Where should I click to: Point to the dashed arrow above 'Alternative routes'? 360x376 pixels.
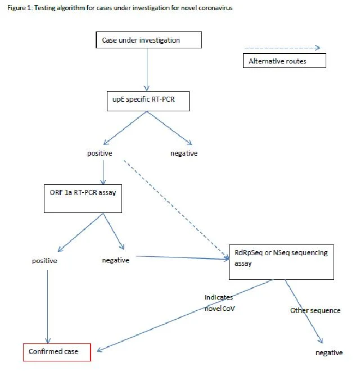coord(282,48)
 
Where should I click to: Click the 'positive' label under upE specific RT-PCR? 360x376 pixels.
coord(100,153)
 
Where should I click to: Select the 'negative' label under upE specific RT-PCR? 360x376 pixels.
coord(184,153)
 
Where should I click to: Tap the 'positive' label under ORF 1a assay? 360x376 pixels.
coord(44,261)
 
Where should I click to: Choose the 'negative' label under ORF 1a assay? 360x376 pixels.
coord(115,260)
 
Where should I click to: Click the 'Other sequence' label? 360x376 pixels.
coord(316,311)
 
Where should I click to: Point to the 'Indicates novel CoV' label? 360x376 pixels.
coord(219,303)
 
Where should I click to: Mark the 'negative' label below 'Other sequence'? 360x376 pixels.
coord(329,353)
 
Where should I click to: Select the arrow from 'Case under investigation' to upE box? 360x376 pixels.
coord(147,70)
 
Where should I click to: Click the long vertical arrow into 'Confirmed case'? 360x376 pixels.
coord(47,307)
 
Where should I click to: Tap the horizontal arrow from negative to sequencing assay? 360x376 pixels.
coord(182,257)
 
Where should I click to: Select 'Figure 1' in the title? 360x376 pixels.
coord(20,8)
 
